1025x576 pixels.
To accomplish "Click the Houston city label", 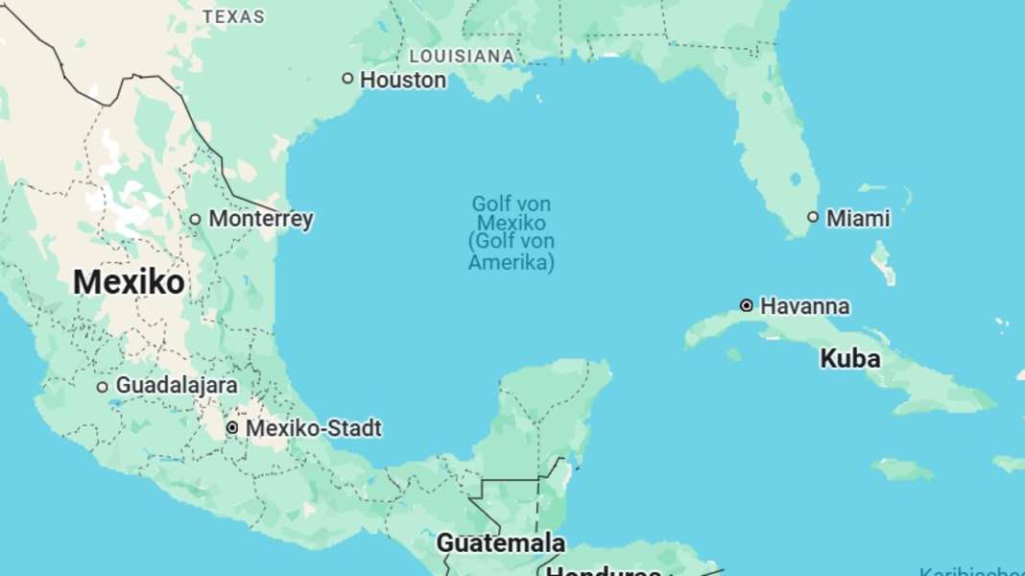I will click(x=402, y=80).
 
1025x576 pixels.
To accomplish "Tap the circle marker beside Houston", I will click(x=347, y=79).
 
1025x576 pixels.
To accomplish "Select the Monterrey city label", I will click(x=260, y=219).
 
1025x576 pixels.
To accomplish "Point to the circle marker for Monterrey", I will click(x=195, y=219).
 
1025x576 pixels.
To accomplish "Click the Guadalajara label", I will click(x=177, y=385).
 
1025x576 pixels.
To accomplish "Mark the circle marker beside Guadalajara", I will click(x=103, y=387).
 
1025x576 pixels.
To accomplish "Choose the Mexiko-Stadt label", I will click(x=313, y=428).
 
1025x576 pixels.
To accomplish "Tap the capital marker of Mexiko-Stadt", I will click(x=232, y=427).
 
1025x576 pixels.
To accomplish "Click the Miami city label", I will click(x=858, y=218).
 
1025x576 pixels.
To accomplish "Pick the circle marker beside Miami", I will click(x=813, y=217).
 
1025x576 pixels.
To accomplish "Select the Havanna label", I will click(x=804, y=306).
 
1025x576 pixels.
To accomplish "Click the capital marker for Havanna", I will click(x=747, y=305).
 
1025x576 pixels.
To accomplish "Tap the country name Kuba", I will click(x=849, y=359).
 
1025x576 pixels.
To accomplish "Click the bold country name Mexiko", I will click(x=129, y=282).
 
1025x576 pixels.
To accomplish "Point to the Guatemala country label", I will click(x=500, y=542).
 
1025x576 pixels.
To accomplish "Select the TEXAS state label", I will click(x=234, y=17).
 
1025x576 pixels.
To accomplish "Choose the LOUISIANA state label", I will click(x=462, y=56).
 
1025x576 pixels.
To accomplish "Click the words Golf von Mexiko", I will click(x=512, y=213).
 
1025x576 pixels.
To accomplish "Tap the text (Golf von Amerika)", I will click(x=512, y=252).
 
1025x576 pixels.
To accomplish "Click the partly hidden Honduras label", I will click(x=603, y=570).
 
